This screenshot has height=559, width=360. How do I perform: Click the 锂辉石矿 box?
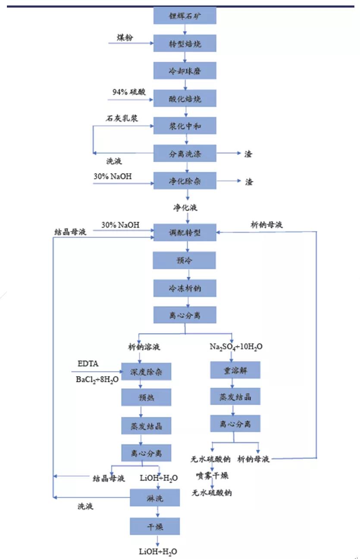click(x=185, y=16)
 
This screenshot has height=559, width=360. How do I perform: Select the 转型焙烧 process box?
click(x=185, y=44)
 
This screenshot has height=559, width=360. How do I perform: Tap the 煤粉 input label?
click(x=125, y=37)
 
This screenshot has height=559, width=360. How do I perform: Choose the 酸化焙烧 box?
click(x=185, y=99)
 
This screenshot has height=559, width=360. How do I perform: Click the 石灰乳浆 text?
click(x=122, y=118)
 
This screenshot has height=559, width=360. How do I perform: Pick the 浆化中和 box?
click(x=185, y=127)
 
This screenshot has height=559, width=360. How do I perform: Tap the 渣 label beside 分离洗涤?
click(x=248, y=154)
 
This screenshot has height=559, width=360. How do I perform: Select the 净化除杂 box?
click(x=185, y=181)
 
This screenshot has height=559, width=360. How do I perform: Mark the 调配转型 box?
click(x=185, y=233)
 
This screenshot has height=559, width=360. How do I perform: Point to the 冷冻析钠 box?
click(x=185, y=288)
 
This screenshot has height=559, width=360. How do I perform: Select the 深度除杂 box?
click(x=146, y=371)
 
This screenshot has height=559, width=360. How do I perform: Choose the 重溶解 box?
click(x=235, y=370)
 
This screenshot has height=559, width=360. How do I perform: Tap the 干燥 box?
click(x=155, y=526)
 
